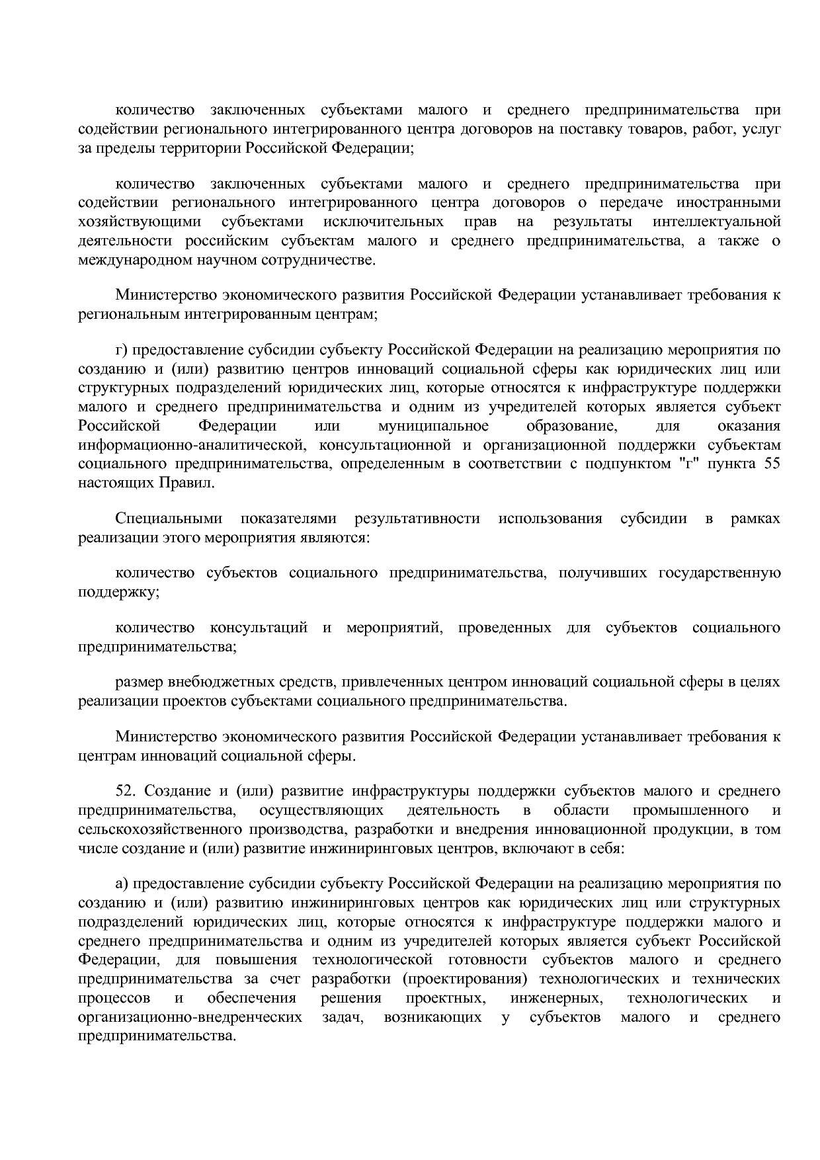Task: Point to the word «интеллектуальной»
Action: coord(716,221)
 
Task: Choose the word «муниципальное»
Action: coord(433,425)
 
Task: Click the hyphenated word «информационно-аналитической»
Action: coord(189,444)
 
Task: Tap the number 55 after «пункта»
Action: coord(771,464)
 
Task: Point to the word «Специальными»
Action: coord(168,518)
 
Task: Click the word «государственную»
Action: coord(719,572)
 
